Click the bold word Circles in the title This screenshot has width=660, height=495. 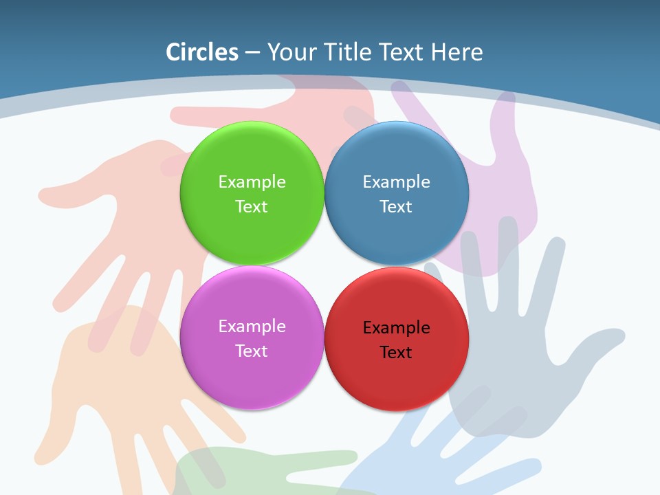point(202,52)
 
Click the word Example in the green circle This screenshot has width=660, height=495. point(252,182)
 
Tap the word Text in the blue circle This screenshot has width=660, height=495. point(396,207)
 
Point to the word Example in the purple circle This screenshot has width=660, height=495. point(252,327)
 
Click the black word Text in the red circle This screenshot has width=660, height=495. point(396,353)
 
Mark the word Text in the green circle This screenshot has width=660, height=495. point(252,207)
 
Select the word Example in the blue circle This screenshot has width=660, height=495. point(396,182)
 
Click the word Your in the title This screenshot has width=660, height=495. point(291,52)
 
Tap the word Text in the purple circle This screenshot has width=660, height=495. point(252,351)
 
